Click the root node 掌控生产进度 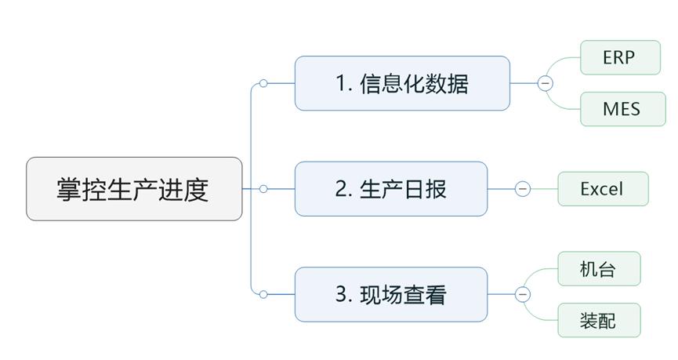pos(134,189)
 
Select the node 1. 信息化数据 pos(402,83)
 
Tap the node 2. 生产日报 pos(390,189)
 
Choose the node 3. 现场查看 pos(390,295)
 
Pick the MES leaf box pos(622,108)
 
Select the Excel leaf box pos(603,189)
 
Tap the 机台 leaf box pos(599,269)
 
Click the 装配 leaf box pos(599,320)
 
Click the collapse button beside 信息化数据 pos(546,83)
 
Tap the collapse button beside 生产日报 pos(523,189)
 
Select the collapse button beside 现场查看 pos(523,295)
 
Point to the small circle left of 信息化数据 pos(263,83)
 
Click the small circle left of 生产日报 pos(263,189)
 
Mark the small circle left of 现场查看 pos(263,295)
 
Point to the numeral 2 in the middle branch pos(342,189)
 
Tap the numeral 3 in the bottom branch pos(342,295)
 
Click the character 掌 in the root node pos(69,189)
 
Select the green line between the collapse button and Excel pos(544,189)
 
